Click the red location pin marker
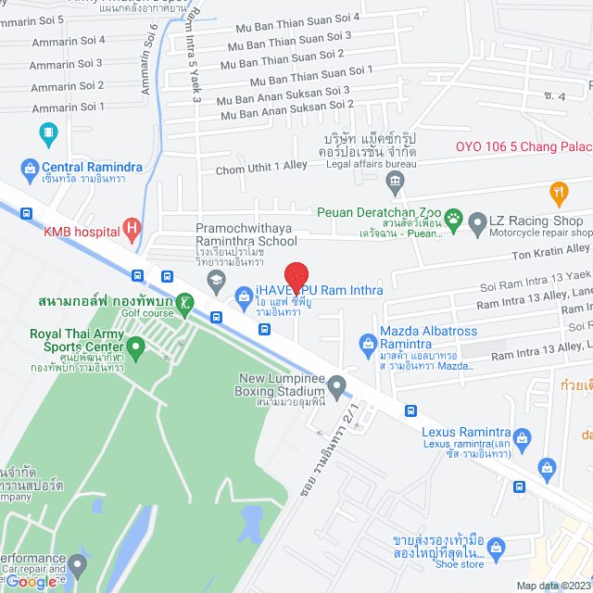(296, 277)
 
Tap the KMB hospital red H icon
(132, 227)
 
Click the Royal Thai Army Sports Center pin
(136, 349)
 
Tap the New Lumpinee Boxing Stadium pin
(336, 385)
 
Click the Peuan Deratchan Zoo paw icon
(453, 220)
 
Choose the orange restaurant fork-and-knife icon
(558, 195)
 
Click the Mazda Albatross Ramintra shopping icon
(367, 345)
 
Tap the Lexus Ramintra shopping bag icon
(522, 437)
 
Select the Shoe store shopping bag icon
(496, 549)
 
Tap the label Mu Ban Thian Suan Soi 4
(284, 17)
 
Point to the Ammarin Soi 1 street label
(67, 107)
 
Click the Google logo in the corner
(31, 581)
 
